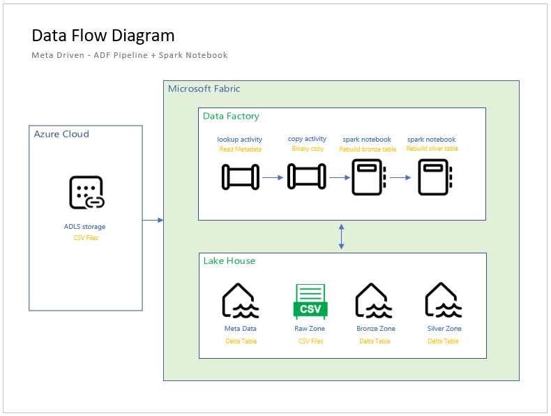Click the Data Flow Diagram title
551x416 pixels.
(103, 36)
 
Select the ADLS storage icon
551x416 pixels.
(86, 193)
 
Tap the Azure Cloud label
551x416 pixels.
(61, 134)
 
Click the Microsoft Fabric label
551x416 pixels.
(204, 89)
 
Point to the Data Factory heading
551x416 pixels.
(231, 116)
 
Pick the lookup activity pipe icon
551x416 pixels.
(240, 177)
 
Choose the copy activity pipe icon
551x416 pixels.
(307, 177)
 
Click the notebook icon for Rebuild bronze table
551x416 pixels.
(368, 177)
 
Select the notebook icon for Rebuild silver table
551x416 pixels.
(433, 177)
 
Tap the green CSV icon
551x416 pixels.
(310, 302)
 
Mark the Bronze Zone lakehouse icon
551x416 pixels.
(375, 301)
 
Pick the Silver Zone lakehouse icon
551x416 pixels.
(444, 301)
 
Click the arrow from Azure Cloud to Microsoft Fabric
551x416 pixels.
(153, 221)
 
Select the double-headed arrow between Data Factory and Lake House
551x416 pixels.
(341, 237)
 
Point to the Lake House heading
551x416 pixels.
(229, 261)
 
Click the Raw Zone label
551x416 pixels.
(310, 329)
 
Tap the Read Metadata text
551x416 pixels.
(239, 149)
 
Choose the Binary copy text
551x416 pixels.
(307, 149)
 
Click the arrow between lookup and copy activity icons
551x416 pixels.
(273, 177)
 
